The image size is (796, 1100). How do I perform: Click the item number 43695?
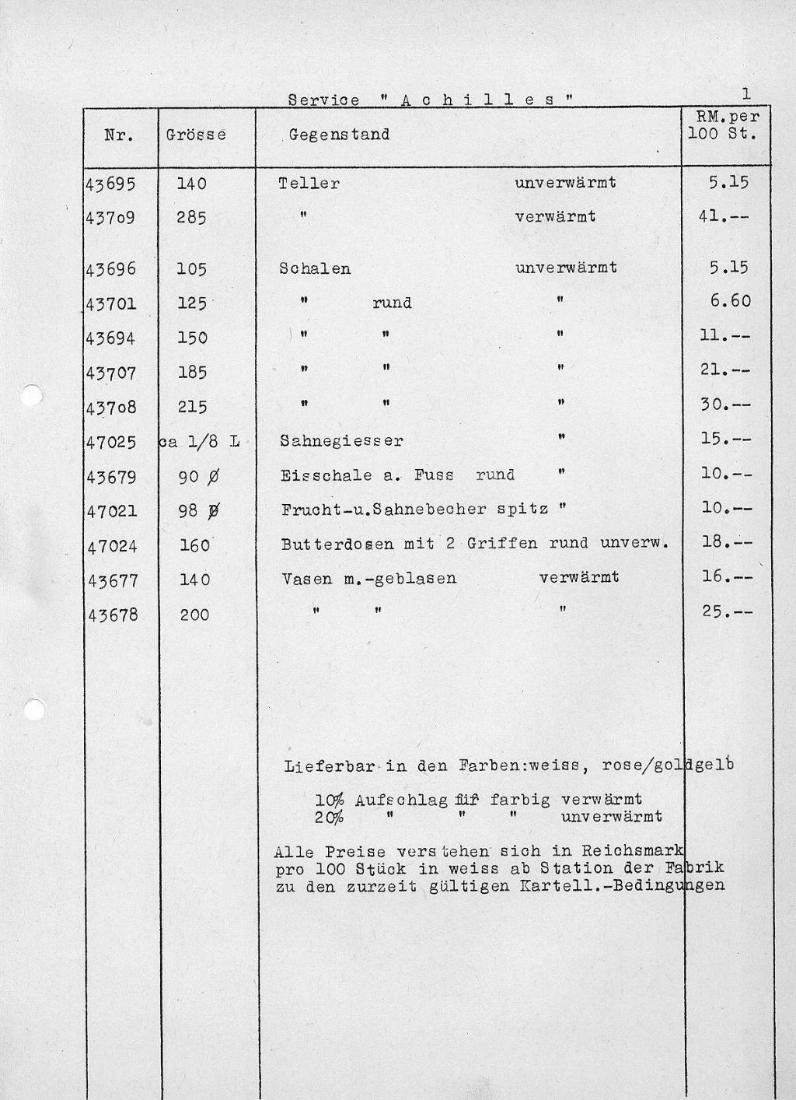tap(111, 184)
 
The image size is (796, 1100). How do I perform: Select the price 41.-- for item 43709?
tap(724, 217)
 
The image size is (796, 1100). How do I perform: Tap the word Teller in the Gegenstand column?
tap(309, 184)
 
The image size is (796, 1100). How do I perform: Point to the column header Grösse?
tap(196, 135)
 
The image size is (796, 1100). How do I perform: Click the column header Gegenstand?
tap(339, 135)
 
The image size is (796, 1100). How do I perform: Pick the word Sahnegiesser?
tap(341, 441)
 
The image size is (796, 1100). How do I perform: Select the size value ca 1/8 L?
tap(200, 442)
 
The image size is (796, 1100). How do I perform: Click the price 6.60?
tap(730, 301)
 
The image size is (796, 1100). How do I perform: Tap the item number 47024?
tap(112, 546)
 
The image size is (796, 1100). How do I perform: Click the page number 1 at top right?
tap(745, 94)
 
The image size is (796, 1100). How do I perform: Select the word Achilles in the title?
tap(476, 100)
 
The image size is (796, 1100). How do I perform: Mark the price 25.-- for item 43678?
tap(727, 612)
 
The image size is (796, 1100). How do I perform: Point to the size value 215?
tap(192, 407)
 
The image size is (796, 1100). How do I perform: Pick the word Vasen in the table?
tap(307, 578)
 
